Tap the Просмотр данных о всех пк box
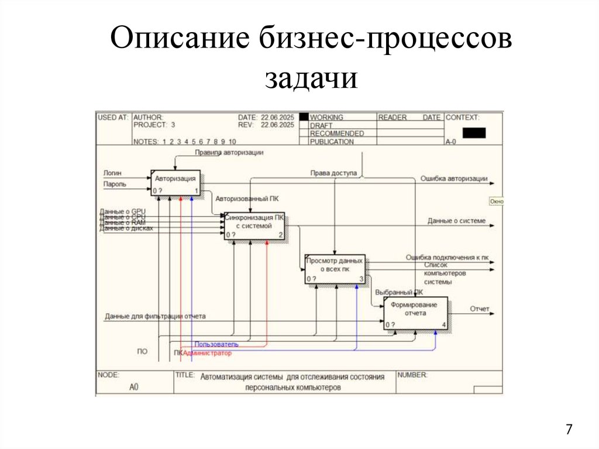pos(335,269)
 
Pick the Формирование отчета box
pos(415,313)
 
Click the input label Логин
pos(113,173)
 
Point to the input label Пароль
pos(115,184)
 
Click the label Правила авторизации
pos(229,153)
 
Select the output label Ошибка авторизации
pos(454,179)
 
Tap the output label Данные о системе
pos(456,221)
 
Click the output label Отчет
pos(479,309)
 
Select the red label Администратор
pos(207,353)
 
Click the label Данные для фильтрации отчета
pos(156,317)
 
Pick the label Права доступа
pos(329,173)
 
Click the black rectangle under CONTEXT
pos(474,133)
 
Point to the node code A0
pos(134,387)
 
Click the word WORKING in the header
pos(326,118)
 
